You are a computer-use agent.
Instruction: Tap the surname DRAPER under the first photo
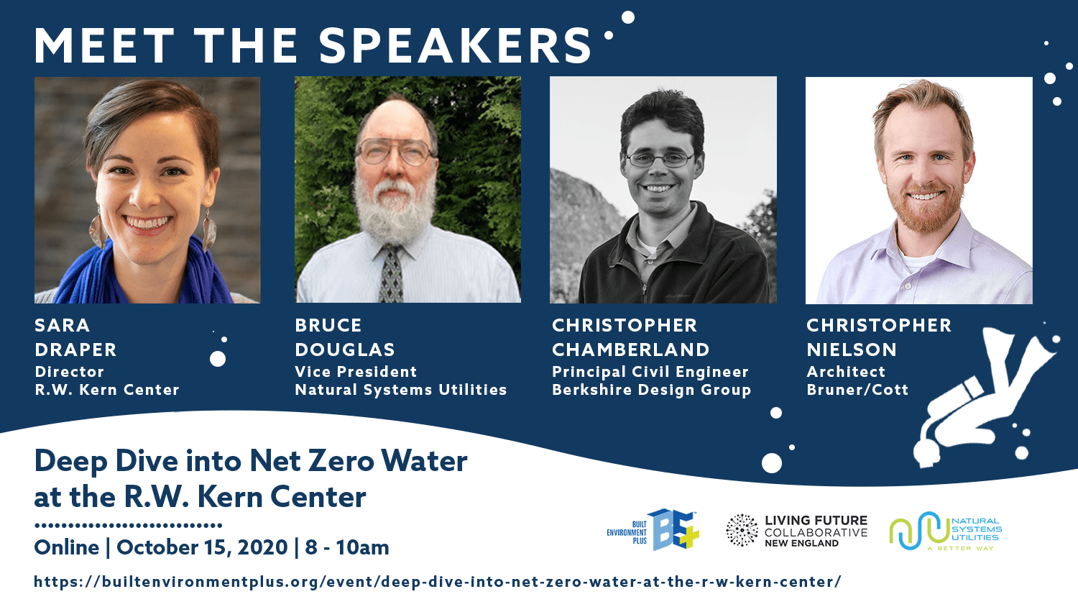click(x=75, y=350)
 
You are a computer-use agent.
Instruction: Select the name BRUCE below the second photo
click(x=328, y=325)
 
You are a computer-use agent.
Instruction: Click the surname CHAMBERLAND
click(x=630, y=350)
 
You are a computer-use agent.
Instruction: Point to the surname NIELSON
click(x=852, y=350)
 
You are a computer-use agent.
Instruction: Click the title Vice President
click(x=356, y=371)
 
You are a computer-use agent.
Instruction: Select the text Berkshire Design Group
click(x=651, y=390)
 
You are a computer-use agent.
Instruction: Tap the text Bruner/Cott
click(x=857, y=389)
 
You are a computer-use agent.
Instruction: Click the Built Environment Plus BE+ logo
click(x=653, y=530)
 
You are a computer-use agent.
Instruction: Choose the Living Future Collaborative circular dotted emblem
click(x=742, y=530)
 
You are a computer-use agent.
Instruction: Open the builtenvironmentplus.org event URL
click(x=438, y=581)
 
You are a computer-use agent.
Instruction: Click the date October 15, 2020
click(x=202, y=547)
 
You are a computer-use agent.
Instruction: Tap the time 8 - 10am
click(x=347, y=547)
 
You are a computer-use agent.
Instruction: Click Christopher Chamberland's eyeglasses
click(x=660, y=160)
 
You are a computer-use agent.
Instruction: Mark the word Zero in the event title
click(x=341, y=461)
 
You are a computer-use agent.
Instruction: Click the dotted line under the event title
click(x=128, y=525)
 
